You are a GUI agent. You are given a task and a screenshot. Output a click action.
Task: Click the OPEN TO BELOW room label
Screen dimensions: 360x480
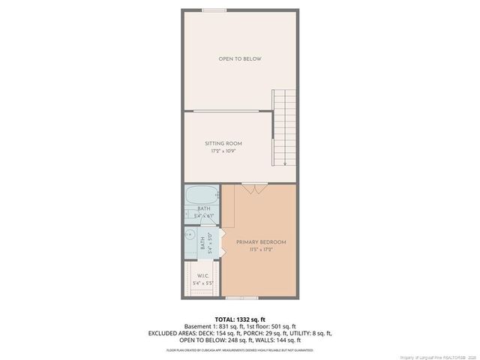240,58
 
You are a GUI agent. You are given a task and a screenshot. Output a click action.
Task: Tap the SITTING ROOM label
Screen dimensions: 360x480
223,143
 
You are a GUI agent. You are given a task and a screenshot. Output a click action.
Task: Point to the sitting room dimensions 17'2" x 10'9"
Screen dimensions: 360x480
223,151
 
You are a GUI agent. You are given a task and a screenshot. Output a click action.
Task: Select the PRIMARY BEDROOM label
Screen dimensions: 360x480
261,242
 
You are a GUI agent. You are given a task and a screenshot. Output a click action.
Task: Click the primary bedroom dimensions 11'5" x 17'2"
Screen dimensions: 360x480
261,250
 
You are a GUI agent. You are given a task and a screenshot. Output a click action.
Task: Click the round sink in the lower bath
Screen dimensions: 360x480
190,234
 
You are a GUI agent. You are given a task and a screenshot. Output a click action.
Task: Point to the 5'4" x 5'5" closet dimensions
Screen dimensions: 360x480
203,283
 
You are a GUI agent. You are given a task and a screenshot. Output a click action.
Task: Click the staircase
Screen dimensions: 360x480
283,127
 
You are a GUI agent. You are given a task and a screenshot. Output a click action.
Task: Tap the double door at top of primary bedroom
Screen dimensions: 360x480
254,187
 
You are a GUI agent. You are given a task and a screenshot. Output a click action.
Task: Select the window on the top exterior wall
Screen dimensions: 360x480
214,10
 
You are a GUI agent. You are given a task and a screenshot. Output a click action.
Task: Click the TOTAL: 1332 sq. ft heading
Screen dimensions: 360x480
240,318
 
